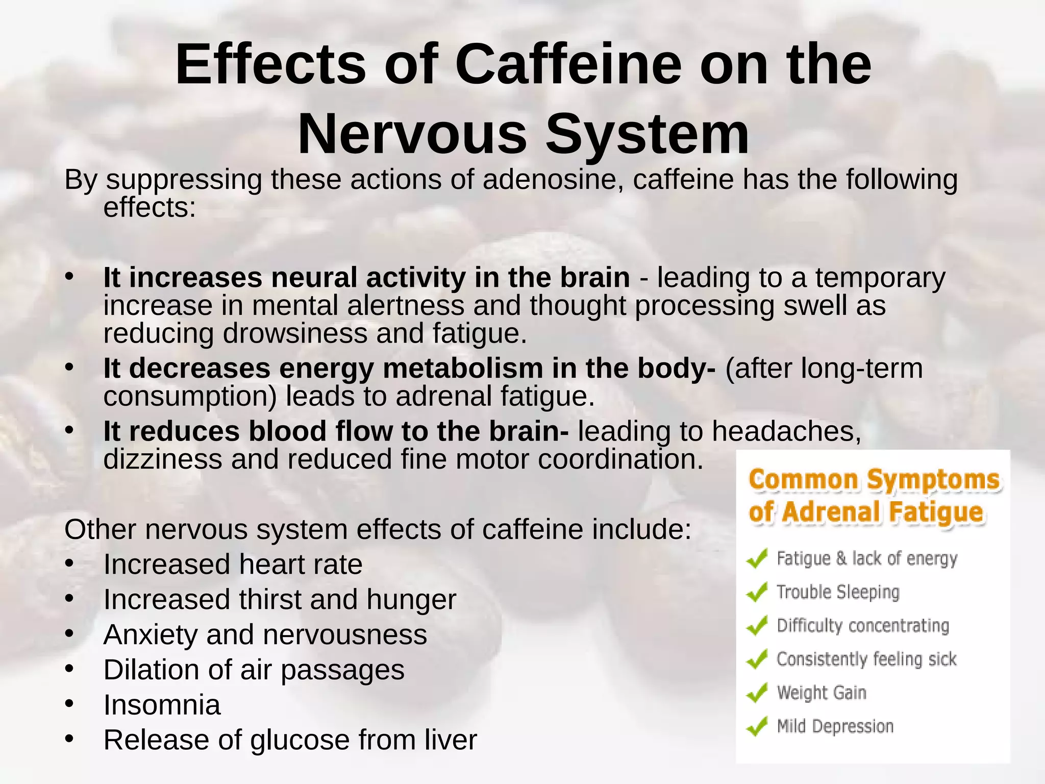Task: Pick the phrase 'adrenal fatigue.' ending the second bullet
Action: [x=495, y=397]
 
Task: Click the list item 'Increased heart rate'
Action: [x=233, y=565]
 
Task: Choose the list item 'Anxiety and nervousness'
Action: [x=265, y=634]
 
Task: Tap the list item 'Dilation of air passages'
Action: [x=254, y=670]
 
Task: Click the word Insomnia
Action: [x=162, y=705]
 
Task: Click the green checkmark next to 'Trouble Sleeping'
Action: [x=757, y=593]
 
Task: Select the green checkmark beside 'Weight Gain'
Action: [x=757, y=693]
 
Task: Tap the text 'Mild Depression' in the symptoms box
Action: [x=835, y=726]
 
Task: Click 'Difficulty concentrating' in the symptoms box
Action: [x=862, y=626]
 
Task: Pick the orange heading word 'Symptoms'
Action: [x=933, y=480]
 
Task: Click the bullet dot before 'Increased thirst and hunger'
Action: [x=69, y=598]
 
